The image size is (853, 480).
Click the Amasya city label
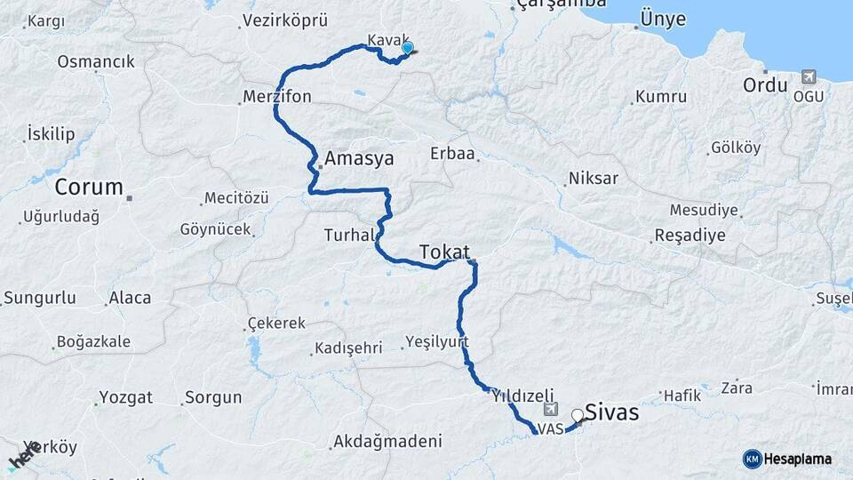click(359, 159)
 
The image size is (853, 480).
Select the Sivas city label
click(612, 414)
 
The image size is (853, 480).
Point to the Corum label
click(89, 188)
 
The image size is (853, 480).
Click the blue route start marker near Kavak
click(408, 48)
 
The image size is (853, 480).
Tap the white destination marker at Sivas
click(578, 415)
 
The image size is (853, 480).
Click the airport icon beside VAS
click(551, 410)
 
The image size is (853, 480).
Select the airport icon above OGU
click(809, 76)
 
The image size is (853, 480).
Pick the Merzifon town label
click(277, 97)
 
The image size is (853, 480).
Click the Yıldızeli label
click(522, 396)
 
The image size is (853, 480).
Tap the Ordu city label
click(766, 85)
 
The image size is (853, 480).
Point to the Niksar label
click(594, 179)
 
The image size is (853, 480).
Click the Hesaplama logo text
click(799, 459)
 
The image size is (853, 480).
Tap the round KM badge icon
click(752, 459)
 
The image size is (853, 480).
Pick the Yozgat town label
click(126, 396)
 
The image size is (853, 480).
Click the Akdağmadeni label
click(387, 441)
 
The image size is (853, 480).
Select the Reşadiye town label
click(690, 236)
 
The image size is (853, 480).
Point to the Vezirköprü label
click(285, 20)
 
